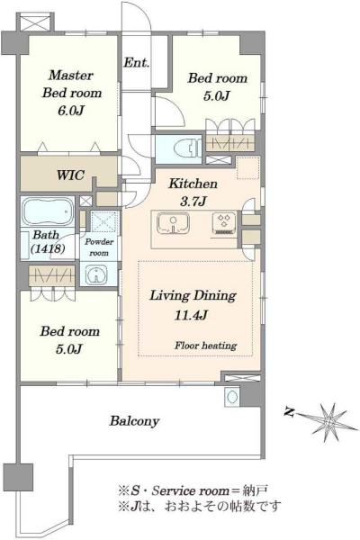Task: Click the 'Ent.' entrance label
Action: (x=137, y=63)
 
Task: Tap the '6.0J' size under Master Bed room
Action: (x=71, y=111)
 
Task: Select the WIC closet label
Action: (x=70, y=175)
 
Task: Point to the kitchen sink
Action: (x=173, y=223)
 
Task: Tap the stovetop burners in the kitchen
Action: (x=224, y=221)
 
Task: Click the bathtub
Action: (x=48, y=211)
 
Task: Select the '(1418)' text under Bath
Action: (x=48, y=248)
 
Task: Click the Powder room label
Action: (x=99, y=247)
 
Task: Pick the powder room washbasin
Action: (x=96, y=274)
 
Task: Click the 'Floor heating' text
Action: (x=205, y=346)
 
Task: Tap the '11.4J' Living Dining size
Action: (x=191, y=315)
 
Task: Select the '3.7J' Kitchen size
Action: (x=193, y=201)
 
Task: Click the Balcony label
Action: (x=134, y=421)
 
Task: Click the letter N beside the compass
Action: (x=289, y=412)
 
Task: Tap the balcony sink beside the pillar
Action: (x=231, y=396)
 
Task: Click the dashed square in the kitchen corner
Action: (x=248, y=168)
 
